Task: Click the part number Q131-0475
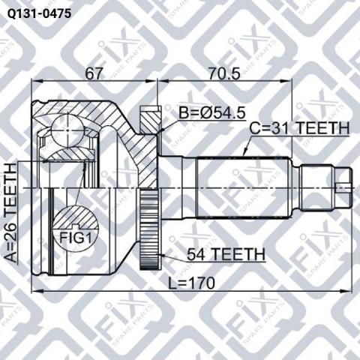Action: tap(39, 14)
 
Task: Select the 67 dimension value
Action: tap(94, 73)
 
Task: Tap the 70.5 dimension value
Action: tap(224, 73)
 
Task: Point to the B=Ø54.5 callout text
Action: tap(211, 113)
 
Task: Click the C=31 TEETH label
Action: tap(299, 128)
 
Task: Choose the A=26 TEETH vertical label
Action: tap(11, 212)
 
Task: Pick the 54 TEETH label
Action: tap(226, 254)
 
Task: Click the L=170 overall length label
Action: tap(191, 283)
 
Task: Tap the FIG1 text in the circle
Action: tap(75, 238)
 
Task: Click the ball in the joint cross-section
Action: tap(67, 130)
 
